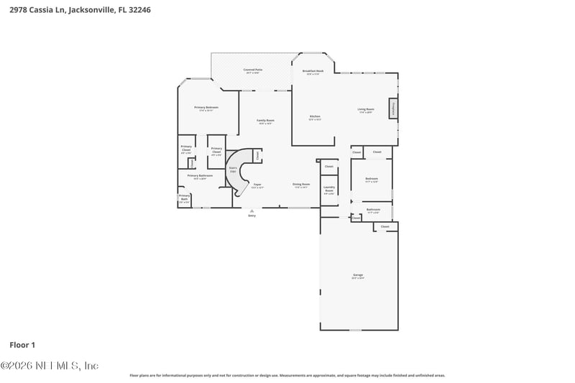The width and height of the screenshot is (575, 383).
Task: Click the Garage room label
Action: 358,276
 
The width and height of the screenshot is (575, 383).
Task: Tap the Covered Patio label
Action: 252,71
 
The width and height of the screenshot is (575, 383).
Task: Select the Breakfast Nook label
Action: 315,73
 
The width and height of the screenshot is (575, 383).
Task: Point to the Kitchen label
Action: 315,117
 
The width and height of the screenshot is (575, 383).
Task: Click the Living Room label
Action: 366,111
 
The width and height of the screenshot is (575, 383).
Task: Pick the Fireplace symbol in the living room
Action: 394,109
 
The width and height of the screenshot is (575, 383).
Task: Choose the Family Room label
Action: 266,121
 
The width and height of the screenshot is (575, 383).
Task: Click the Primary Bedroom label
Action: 206,109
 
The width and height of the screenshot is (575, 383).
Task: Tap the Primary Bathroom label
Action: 201,177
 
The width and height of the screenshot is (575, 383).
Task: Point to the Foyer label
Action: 257,185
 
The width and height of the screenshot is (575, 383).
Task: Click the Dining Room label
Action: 301,185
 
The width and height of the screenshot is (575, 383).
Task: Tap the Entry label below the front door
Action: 252,216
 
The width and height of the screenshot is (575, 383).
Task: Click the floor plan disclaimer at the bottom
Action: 287,375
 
